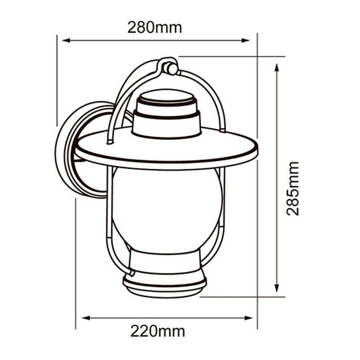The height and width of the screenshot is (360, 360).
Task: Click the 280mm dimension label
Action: (155, 28)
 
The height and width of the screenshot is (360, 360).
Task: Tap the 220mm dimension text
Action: (157, 331)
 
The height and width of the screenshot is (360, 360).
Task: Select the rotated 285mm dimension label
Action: (292, 188)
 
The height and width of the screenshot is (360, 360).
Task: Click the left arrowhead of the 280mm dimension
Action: (66, 40)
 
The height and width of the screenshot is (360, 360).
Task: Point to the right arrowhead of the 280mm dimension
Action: (245, 40)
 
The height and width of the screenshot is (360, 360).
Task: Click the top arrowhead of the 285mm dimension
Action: (277, 67)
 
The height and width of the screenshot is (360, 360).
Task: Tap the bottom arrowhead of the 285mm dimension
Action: (277, 288)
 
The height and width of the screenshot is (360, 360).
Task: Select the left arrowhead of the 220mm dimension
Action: (86, 318)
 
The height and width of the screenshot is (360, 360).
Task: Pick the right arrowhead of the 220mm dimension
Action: (249, 318)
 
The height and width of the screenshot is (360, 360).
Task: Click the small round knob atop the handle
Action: (172, 69)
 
